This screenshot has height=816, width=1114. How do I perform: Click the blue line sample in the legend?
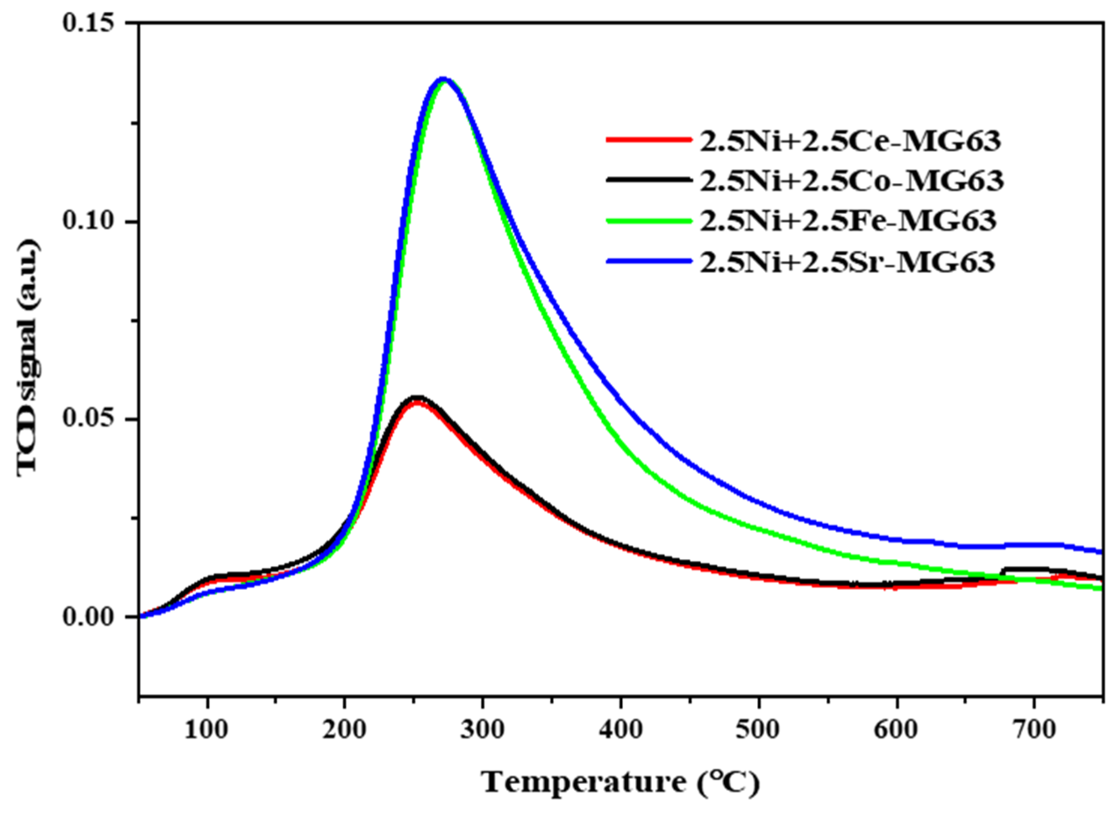[648, 262]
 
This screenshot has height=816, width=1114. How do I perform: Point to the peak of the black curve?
[418, 398]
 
